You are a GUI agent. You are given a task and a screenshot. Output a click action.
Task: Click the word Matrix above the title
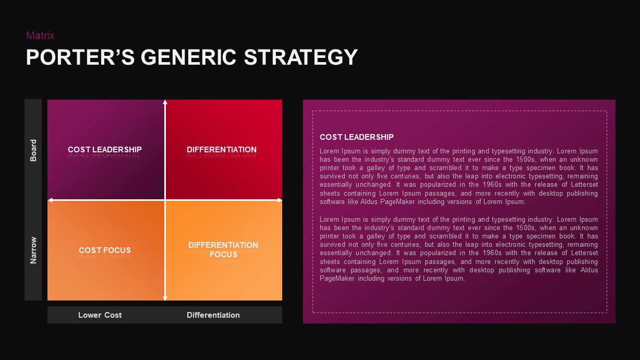[40, 35]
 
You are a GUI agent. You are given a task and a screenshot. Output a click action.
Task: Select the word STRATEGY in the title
[301, 57]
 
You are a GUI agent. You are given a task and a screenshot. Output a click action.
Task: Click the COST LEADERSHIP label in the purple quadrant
[105, 150]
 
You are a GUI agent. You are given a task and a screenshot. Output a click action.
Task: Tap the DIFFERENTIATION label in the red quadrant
[222, 150]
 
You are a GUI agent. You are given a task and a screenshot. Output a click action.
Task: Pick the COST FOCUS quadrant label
[105, 250]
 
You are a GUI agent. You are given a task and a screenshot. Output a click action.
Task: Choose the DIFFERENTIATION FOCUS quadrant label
[223, 250]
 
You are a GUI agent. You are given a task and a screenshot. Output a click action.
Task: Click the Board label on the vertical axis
[33, 150]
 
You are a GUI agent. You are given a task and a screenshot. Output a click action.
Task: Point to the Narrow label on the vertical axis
[33, 250]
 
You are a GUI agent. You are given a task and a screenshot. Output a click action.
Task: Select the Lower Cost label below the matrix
[100, 315]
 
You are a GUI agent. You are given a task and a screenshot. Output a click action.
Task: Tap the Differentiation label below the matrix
[213, 315]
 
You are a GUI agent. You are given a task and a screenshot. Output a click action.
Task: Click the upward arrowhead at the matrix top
[165, 102]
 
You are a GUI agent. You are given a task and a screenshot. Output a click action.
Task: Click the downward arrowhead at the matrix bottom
[165, 298]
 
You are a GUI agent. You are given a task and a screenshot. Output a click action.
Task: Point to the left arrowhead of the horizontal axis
[50, 200]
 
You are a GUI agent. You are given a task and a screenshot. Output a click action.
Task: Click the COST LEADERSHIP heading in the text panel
[357, 137]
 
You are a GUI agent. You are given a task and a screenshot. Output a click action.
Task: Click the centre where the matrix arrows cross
[165, 200]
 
